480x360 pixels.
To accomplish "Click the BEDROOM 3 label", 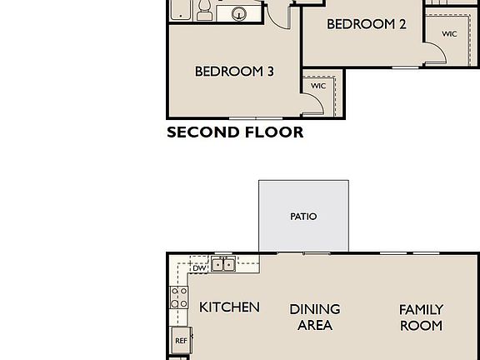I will point(234,72).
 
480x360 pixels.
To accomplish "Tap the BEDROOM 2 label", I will point(366,24).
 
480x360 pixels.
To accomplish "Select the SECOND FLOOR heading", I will point(235,132).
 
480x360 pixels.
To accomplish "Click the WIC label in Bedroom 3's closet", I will point(318,86).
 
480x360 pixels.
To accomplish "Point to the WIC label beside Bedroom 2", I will point(449,34).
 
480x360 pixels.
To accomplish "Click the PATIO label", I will point(303,217).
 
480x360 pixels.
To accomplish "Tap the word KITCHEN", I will point(229,307).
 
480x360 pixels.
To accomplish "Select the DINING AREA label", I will point(315,317).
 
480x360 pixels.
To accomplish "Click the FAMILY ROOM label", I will point(421,317).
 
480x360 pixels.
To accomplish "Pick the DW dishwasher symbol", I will point(199,267).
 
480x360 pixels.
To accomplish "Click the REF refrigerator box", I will point(181,340).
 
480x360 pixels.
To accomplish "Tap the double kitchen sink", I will point(222,265).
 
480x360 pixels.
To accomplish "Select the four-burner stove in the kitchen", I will point(179,297).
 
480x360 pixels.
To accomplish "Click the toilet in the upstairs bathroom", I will point(204,12).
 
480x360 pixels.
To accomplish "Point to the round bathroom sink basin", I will point(239,13).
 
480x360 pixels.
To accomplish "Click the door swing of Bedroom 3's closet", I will point(311,104).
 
